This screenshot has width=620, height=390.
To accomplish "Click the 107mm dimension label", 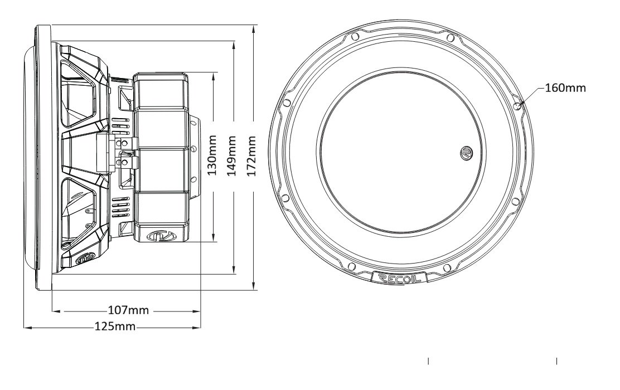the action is pyautogui.click(x=128, y=310).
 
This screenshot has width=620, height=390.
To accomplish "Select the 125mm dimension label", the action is pyautogui.click(x=115, y=326).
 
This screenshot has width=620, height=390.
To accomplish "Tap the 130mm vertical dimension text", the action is pyautogui.click(x=212, y=155).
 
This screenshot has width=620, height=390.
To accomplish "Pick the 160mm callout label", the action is pyautogui.click(x=565, y=87).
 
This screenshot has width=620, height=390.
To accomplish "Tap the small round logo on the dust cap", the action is pyautogui.click(x=467, y=153).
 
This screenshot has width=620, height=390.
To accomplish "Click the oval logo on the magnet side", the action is pyautogui.click(x=160, y=236).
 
